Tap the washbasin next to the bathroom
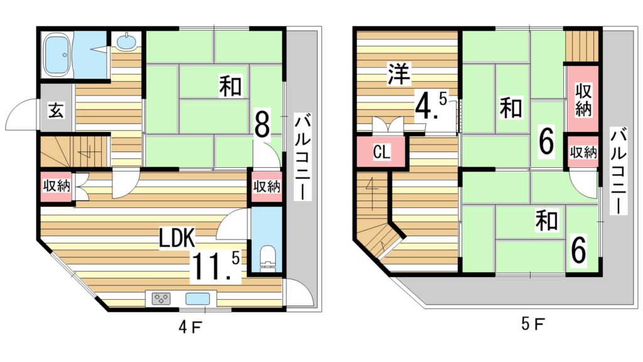pos(126,43)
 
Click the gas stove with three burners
pos(161,299)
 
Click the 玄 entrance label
pos(55,112)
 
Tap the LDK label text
pos(178,237)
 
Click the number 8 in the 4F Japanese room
pos(262,123)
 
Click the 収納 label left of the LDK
pos(56,186)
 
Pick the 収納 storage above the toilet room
pos(266,186)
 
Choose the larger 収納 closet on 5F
pos(583,99)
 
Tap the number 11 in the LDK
pos(208,266)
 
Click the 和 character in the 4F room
pos(230,86)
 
